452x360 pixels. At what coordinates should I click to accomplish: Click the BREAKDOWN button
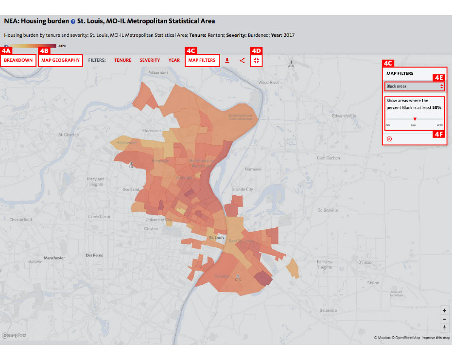pos(18,60)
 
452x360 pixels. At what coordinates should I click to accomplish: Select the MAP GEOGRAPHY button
pos(60,60)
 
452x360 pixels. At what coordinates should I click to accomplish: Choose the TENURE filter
pos(122,60)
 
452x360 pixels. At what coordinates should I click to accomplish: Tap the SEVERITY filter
pos(150,60)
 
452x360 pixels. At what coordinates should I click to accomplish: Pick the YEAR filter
pos(174,60)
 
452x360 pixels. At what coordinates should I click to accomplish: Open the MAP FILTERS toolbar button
pos(202,60)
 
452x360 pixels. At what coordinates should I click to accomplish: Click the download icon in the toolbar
pos(227,61)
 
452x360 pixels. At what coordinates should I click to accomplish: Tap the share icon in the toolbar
pos(242,61)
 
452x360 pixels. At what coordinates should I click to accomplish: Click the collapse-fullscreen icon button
pos(257,60)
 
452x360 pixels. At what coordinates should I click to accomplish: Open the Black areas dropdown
pos(415,86)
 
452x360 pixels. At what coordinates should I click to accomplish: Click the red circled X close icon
pos(389,139)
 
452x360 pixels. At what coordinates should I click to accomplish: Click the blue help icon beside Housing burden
pos(73,22)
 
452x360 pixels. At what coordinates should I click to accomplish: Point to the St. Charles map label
pos(68,135)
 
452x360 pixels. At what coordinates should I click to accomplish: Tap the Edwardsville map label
pos(344,116)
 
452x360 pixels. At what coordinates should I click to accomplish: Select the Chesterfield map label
pos(20,220)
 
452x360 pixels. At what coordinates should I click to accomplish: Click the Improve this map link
pos(435,338)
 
